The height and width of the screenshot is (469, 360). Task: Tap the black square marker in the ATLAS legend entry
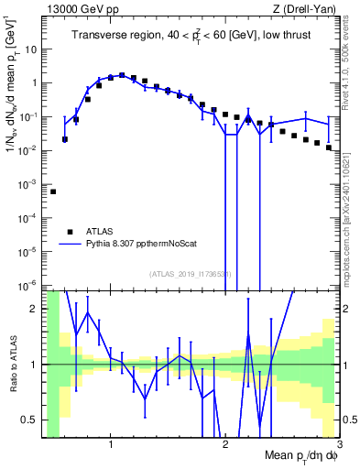click(x=68, y=232)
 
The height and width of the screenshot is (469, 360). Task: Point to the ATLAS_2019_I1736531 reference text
click(x=191, y=274)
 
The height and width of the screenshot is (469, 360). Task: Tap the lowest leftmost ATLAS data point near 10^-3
click(x=53, y=191)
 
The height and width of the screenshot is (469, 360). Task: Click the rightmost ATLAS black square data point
click(x=328, y=147)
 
